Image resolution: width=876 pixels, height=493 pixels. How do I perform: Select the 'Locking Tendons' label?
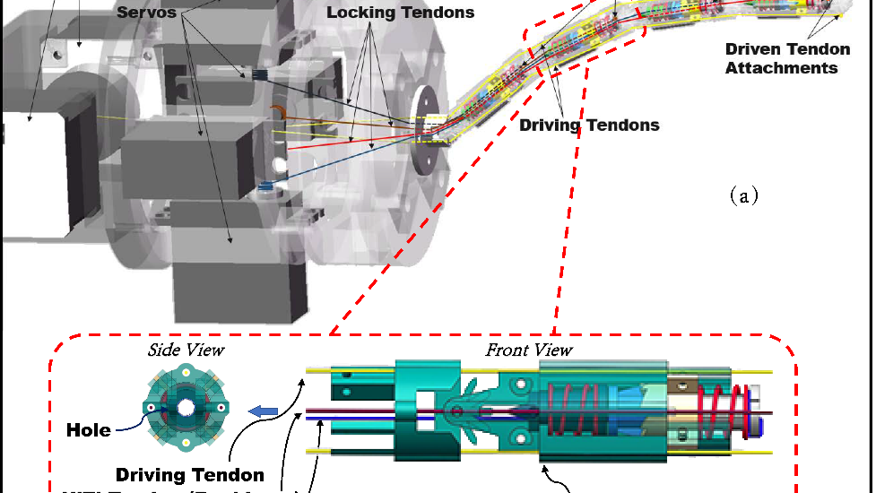[400, 13]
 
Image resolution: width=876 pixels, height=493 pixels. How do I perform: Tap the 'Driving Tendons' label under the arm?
[589, 125]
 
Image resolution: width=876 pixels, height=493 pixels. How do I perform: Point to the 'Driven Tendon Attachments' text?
[781, 58]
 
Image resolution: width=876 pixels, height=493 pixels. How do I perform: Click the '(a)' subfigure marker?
[744, 195]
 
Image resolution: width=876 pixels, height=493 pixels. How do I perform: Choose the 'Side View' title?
[186, 350]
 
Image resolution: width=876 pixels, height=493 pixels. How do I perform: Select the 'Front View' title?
[529, 350]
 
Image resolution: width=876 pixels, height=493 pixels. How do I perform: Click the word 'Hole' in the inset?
[89, 430]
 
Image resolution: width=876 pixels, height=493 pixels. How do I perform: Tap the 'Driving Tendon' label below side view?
[189, 474]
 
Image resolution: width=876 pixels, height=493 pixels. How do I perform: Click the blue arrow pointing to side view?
[263, 411]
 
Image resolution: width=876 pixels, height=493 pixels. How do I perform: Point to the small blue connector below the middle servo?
[265, 186]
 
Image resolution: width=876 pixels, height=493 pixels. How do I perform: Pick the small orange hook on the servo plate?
[279, 112]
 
